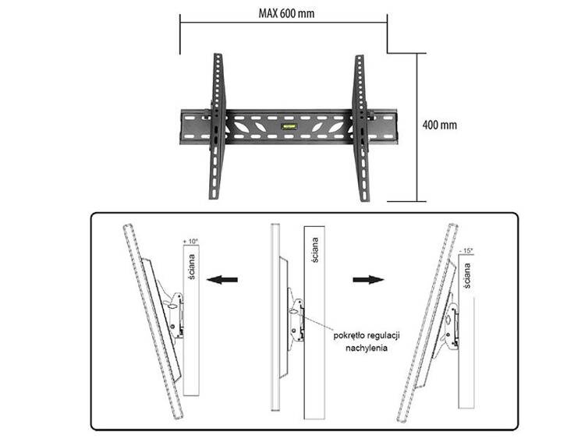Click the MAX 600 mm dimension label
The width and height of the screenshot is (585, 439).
tap(286, 14)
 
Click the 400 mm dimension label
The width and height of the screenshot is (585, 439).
tap(439, 125)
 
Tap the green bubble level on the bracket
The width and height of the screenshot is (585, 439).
tap(289, 126)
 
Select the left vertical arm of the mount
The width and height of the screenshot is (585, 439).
tap(216, 127)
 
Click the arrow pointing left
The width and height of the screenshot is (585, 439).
tap(222, 279)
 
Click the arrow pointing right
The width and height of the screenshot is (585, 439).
tap(368, 279)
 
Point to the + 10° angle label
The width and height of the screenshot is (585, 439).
tap(190, 242)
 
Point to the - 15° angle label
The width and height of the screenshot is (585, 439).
tap(466, 250)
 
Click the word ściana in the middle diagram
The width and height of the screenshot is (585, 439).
tap(315, 250)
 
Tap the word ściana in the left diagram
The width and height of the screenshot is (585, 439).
tap(191, 267)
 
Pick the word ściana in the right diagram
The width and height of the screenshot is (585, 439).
tap(467, 275)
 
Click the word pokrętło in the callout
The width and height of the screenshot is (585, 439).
tap(349, 336)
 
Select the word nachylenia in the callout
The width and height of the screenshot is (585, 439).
tap(366, 349)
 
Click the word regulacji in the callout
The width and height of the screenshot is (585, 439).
tap(384, 336)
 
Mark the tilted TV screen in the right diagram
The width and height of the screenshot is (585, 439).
tap(427, 323)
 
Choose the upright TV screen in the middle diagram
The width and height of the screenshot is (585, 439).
tap(275, 317)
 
